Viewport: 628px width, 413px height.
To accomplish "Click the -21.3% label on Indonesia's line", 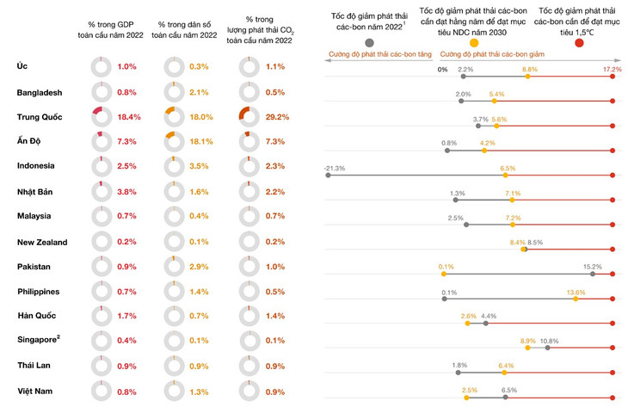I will (x=335, y=168).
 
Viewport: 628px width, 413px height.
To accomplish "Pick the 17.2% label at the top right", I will (x=612, y=69).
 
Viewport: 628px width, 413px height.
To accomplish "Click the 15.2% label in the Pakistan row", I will (x=592, y=268).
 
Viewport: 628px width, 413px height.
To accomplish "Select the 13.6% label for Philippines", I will (x=576, y=293).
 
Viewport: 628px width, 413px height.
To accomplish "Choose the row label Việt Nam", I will (x=37, y=391).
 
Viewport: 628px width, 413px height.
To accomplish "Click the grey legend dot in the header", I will (x=369, y=42).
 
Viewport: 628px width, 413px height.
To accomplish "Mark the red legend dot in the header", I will (x=579, y=42).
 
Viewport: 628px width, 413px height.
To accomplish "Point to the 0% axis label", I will (x=442, y=70).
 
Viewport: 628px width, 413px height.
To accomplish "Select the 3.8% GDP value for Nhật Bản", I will (x=126, y=192).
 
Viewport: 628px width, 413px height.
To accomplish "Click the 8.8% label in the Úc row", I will (x=530, y=69).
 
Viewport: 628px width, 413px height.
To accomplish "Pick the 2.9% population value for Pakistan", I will (x=199, y=267).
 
